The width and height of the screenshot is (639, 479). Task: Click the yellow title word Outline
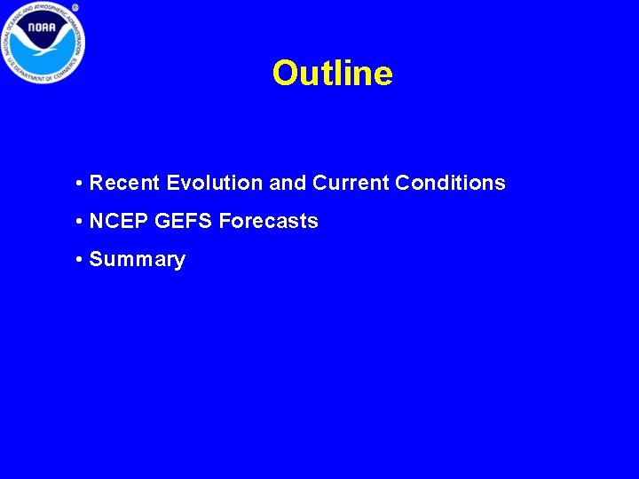[332, 73]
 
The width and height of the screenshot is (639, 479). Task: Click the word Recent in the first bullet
[125, 184]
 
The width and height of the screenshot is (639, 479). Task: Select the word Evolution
[214, 184]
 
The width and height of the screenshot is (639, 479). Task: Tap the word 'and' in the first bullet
[287, 184]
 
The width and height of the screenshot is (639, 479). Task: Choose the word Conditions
[450, 184]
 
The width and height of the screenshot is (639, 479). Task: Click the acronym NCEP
[119, 222]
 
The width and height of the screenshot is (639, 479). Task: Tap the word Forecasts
[268, 222]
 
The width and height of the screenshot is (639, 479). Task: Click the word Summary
[138, 260]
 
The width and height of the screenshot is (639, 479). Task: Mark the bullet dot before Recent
[80, 185]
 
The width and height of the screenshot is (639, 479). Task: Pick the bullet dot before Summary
[80, 261]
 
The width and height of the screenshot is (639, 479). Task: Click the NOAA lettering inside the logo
[42, 27]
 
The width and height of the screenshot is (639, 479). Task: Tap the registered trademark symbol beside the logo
[75, 7]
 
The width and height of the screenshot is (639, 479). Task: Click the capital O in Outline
[286, 73]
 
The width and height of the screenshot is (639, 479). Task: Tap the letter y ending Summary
[179, 262]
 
